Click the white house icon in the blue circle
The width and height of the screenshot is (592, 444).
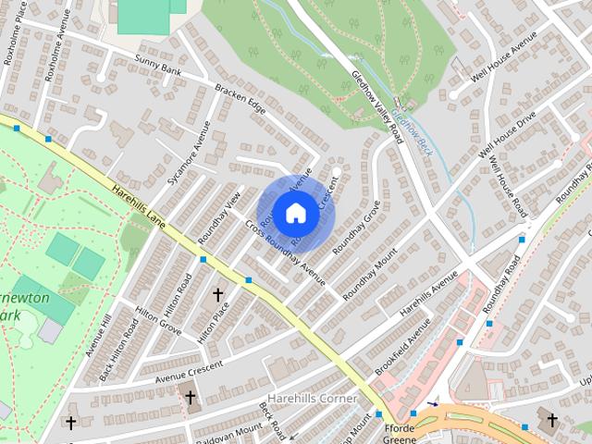tap(295, 213)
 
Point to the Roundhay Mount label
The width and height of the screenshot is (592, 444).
tap(370, 272)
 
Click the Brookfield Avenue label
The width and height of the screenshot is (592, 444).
tap(403, 347)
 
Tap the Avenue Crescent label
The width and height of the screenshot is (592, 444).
tap(190, 371)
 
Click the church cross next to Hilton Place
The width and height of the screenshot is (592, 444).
tap(218, 295)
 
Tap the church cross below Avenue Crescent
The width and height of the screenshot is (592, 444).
tap(191, 398)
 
